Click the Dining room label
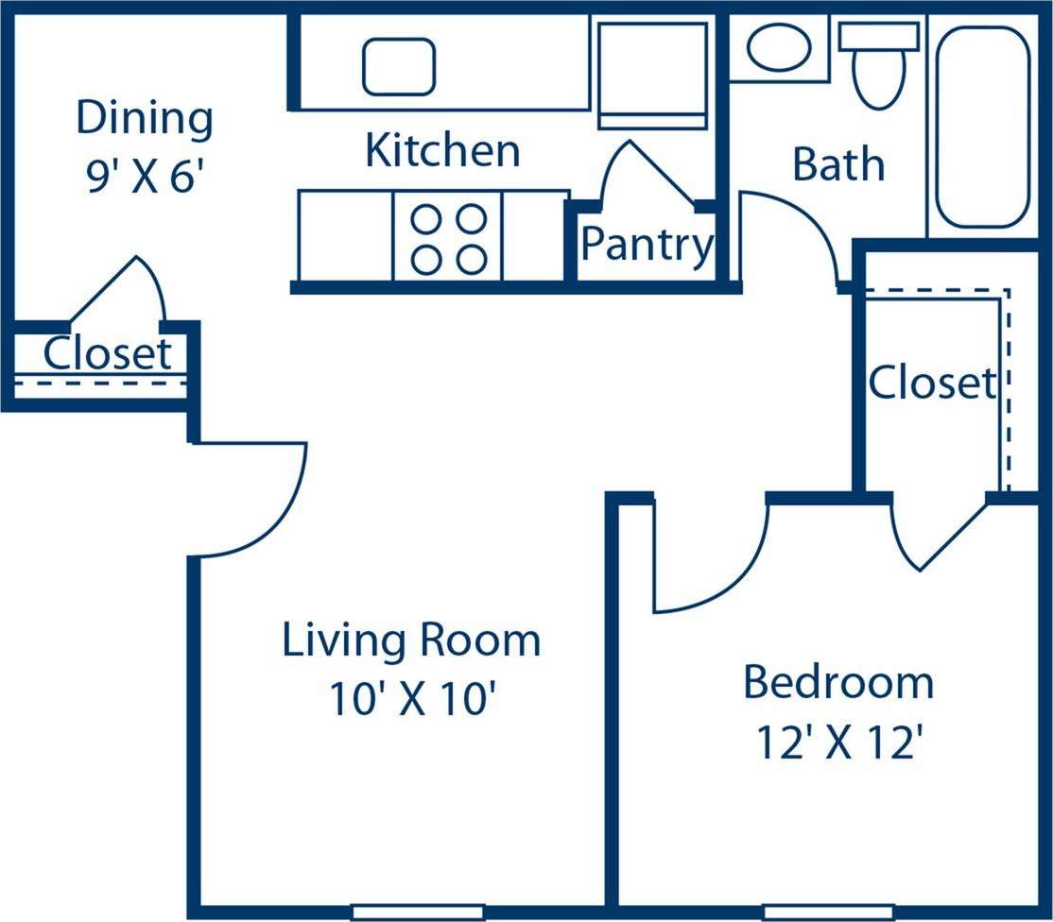pos(145,120)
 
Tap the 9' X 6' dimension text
pos(145,177)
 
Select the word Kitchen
pos(442,151)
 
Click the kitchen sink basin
pos(399,66)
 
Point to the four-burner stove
pos(447,235)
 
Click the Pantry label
pos(647,246)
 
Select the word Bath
pos(838,164)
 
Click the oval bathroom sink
pos(778,47)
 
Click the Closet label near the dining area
pos(108,354)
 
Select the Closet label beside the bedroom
pos(932,383)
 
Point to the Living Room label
pos(411,640)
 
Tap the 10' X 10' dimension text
pos(412,700)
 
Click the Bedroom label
pos(838,682)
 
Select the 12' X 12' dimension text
pos(838,744)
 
